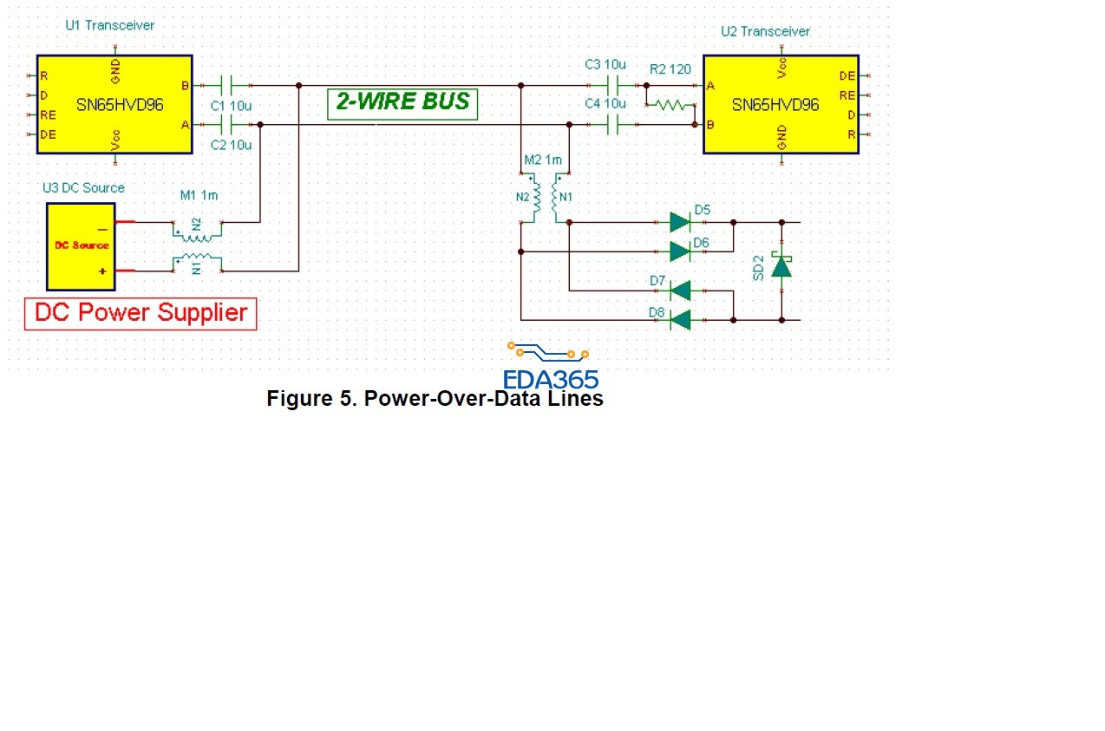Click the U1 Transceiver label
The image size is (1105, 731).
(109, 25)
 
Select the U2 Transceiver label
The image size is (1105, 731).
(765, 31)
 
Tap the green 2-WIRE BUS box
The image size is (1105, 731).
(402, 102)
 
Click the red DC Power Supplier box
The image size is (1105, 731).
(141, 313)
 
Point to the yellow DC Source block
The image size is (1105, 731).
(81, 246)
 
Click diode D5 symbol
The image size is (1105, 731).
(680, 222)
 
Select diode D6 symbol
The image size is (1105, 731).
(680, 251)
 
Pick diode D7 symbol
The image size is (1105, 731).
(680, 290)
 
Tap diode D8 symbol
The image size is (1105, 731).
(680, 320)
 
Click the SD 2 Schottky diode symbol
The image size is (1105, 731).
(781, 266)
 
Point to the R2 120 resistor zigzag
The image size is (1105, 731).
(668, 106)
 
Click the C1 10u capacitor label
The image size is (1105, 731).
(231, 105)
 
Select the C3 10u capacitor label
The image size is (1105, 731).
(605, 64)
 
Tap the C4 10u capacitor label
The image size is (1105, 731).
(605, 103)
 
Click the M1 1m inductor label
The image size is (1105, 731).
(199, 195)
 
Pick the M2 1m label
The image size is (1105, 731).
(543, 160)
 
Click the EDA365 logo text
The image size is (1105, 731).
(551, 379)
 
